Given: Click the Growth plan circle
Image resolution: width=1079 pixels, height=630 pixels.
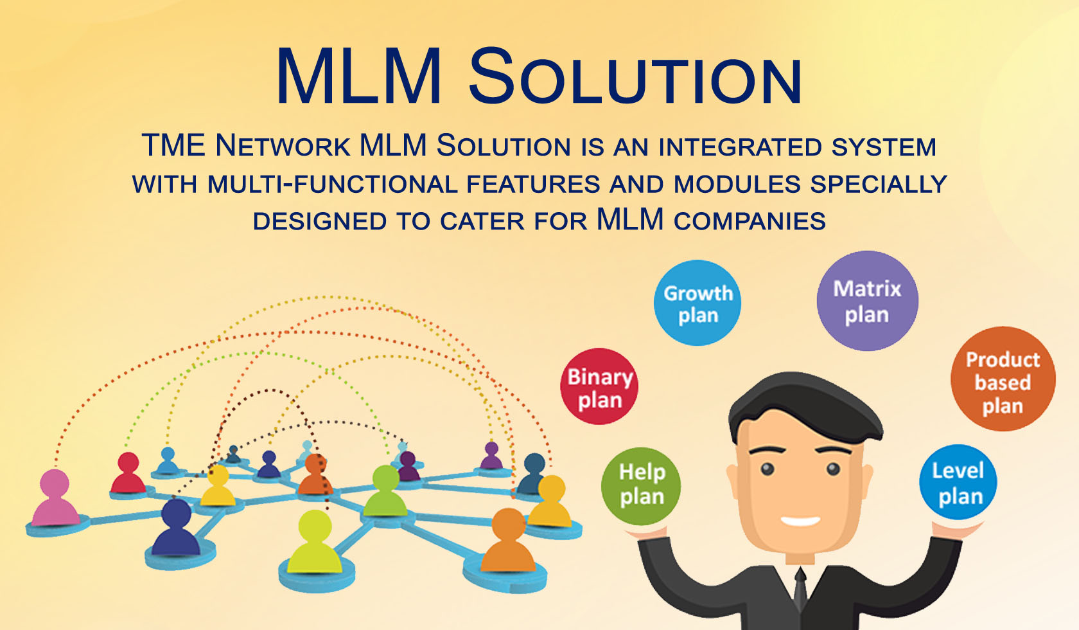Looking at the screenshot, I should pos(697,303).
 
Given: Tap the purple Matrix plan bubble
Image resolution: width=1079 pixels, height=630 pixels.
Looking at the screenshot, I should pos(867,301).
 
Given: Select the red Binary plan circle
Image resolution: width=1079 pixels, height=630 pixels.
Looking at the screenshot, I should pos(599,387).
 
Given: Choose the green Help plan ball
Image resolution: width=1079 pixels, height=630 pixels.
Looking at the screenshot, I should pos(642,485).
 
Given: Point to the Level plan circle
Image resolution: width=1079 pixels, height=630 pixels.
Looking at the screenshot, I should pos(958,483).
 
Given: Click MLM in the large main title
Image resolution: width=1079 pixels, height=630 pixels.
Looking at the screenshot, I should pos(359,77).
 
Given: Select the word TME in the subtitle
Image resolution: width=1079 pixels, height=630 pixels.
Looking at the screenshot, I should pos(173,146).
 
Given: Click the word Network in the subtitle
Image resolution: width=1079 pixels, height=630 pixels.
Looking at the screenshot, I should pos(283,146).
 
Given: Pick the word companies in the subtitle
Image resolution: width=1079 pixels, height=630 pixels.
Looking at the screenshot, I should pos(750,221).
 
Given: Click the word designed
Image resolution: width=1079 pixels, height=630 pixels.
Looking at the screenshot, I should pos(319,221).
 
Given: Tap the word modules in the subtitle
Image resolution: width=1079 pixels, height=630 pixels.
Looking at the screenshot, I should pos(737,184).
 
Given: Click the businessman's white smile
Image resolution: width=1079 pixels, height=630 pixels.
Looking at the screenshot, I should pos(800,520).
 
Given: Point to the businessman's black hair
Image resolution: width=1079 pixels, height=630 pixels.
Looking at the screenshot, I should pos(803,405).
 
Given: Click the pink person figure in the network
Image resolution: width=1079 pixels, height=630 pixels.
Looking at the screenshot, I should pos(55,498).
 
